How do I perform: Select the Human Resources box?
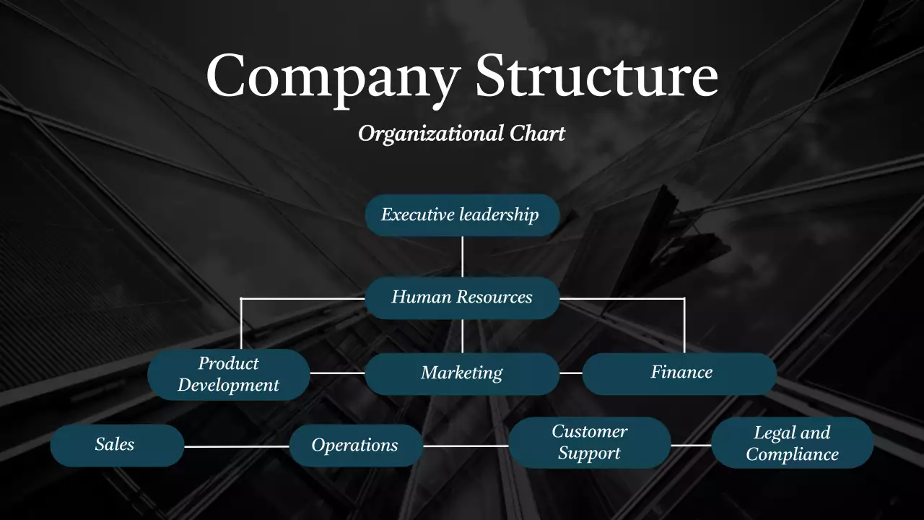[x=462, y=298]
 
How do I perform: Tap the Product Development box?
[x=228, y=374]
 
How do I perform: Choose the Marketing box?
[x=462, y=373]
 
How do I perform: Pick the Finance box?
[x=680, y=373]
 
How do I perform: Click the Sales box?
[x=116, y=445]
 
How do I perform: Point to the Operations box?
[x=355, y=446]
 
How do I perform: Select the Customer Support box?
[x=589, y=443]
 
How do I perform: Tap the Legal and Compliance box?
[x=792, y=443]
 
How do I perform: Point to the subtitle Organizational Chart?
[x=462, y=134]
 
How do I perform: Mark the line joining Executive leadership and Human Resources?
[x=462, y=256]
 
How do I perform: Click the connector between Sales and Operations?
[x=237, y=446]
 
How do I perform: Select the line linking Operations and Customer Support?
[x=466, y=446]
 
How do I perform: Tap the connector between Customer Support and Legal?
[x=691, y=446]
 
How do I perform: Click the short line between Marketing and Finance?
[x=571, y=373]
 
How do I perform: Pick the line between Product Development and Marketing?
[x=337, y=373]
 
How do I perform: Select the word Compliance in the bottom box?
[x=792, y=454]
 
